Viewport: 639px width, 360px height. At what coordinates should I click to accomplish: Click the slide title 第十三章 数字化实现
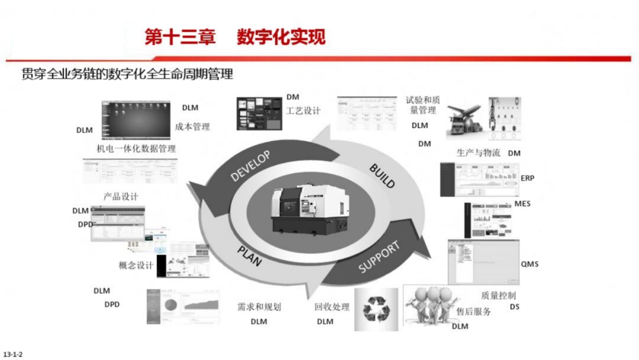(x=235, y=37)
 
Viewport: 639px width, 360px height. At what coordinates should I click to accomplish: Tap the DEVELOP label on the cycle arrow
(x=250, y=166)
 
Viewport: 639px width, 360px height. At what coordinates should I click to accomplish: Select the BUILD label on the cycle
(x=382, y=175)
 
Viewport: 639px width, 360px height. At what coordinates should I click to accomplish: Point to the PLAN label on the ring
(x=250, y=255)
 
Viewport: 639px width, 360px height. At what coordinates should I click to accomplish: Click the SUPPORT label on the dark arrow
(x=379, y=258)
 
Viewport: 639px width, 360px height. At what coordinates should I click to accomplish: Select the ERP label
(x=527, y=178)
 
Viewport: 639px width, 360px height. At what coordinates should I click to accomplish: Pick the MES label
(x=522, y=204)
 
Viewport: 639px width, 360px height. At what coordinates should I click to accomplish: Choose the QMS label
(x=530, y=264)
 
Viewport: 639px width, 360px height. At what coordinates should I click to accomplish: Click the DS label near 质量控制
(x=514, y=307)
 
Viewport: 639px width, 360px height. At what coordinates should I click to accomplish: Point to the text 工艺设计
(x=303, y=111)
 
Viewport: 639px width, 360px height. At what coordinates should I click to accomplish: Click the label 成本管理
(x=192, y=127)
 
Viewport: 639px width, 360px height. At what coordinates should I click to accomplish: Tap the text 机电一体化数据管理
(x=136, y=149)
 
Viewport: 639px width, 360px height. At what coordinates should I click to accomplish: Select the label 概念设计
(x=135, y=265)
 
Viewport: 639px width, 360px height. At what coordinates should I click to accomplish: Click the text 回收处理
(x=332, y=307)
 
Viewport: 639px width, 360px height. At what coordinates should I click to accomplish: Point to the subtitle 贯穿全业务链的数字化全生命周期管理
(x=127, y=74)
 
